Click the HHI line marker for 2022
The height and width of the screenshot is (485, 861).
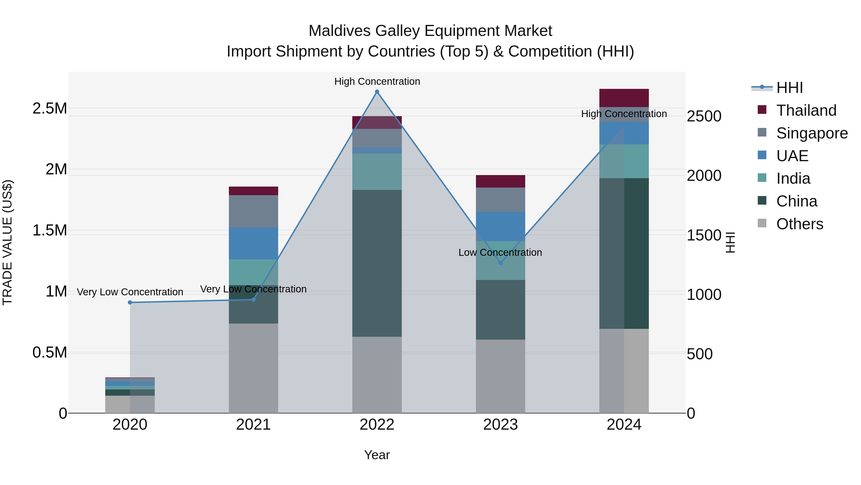click(x=377, y=92)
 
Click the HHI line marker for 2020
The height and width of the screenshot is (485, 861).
click(x=130, y=302)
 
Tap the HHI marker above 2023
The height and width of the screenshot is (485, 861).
click(x=500, y=263)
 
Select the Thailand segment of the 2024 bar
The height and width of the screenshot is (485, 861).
click(x=624, y=98)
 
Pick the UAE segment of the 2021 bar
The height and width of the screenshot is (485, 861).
click(x=253, y=243)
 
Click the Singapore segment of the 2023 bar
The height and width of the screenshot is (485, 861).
click(x=500, y=200)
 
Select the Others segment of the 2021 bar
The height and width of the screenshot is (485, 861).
click(x=253, y=368)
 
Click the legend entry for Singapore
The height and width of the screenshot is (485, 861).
click(x=811, y=133)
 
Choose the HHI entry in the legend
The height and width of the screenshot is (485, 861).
click(x=789, y=88)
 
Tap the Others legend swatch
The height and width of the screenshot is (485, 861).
click(x=762, y=223)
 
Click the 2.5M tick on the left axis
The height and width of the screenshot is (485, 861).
click(x=50, y=108)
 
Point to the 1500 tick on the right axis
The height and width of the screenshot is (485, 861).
click(x=704, y=235)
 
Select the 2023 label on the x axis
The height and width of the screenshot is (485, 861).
click(x=500, y=425)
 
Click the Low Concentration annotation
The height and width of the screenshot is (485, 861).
click(x=500, y=252)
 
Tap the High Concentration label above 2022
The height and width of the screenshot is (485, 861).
click(x=377, y=81)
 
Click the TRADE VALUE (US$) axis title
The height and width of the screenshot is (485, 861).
click(x=7, y=242)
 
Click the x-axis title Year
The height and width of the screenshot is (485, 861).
click(x=377, y=455)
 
